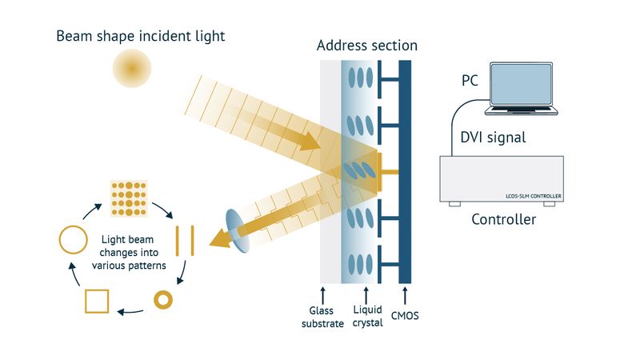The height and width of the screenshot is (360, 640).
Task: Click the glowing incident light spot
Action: coord(130,69)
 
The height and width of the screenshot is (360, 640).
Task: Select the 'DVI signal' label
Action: coord(493,137)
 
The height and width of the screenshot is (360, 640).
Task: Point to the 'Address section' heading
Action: coord(366,46)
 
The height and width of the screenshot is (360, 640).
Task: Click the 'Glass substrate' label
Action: coord(321,317)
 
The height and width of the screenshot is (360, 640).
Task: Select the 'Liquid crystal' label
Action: coord(366,317)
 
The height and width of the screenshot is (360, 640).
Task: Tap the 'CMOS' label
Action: coord(406,316)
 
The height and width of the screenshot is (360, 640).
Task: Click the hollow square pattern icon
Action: coord(96,302)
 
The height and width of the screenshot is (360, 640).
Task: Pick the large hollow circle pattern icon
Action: coord(73,239)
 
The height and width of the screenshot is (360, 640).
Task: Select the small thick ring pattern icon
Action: coord(163,300)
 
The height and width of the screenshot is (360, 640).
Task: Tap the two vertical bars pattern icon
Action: coord(185,239)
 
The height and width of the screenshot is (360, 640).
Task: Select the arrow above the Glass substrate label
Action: coord(322,293)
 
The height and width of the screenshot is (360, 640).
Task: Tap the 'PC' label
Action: coord(470,81)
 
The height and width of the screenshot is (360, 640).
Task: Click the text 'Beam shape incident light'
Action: coord(141,36)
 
